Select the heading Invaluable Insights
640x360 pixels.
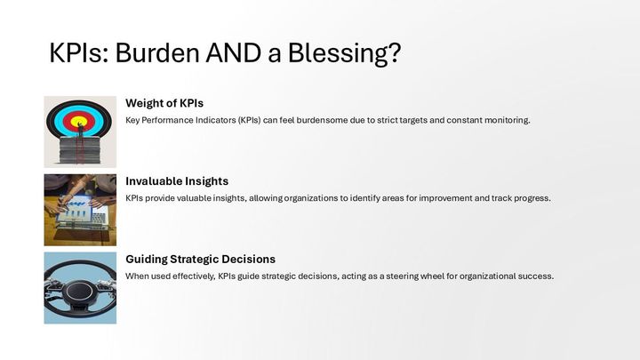pyautogui.click(x=177, y=180)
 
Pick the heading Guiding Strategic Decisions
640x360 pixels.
pyautogui.click(x=200, y=259)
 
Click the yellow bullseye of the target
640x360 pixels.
pyautogui.click(x=79, y=122)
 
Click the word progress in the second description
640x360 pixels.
pyautogui.click(x=532, y=197)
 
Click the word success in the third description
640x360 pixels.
pyautogui.click(x=537, y=276)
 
